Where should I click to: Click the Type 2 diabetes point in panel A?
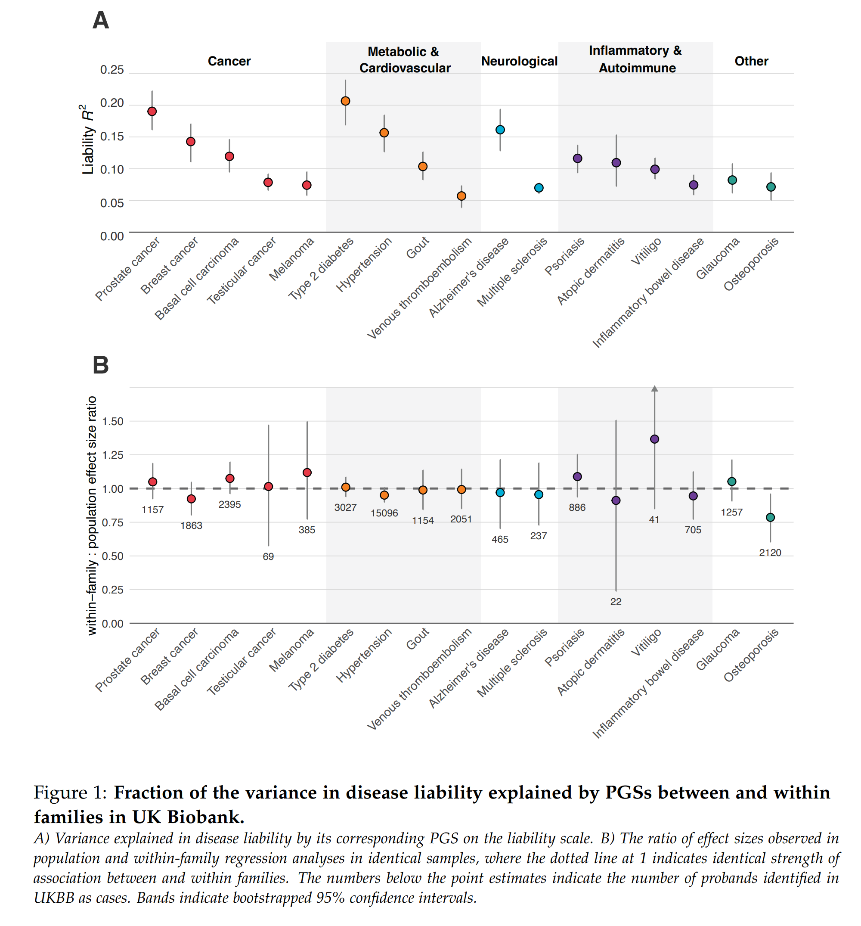345,101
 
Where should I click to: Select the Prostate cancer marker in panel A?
152,111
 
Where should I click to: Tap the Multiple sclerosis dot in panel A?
539,188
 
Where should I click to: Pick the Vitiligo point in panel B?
654,439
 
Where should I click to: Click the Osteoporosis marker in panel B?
770,517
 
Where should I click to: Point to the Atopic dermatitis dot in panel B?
616,500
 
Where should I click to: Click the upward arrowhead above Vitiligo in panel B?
654,388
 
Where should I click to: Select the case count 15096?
384,513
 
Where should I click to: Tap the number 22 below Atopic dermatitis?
616,601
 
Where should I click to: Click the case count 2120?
770,553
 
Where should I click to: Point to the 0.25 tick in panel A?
112,70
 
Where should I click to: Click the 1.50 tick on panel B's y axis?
112,421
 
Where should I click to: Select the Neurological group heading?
519,61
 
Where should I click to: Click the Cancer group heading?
229,61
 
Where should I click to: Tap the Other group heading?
751,61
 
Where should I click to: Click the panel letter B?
101,365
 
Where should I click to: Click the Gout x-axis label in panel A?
418,247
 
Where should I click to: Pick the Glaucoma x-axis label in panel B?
718,649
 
